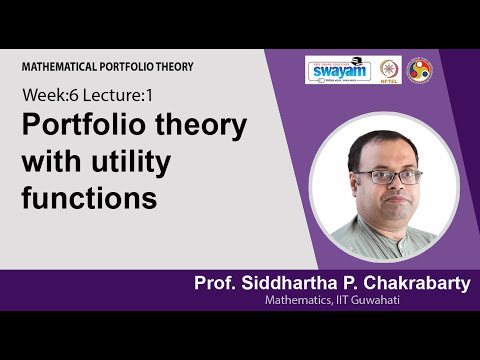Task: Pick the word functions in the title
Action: tap(90, 197)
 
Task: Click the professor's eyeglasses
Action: tap(389, 176)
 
